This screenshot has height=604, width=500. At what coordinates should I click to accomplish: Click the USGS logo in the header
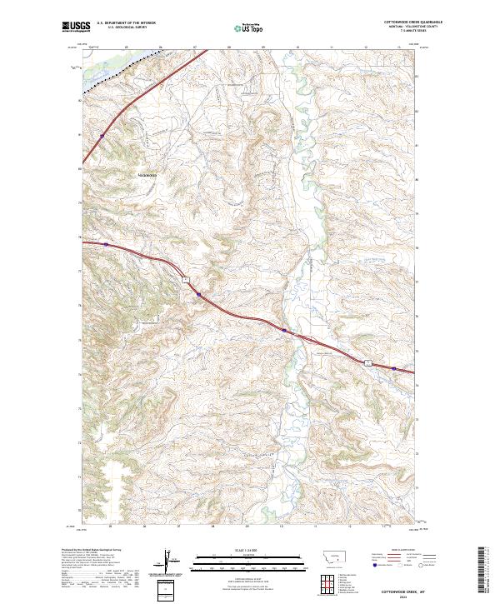coord(76,27)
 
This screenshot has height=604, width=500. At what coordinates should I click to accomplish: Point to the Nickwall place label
coord(147,174)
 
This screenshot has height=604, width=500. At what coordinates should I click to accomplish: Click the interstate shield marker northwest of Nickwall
coord(102,134)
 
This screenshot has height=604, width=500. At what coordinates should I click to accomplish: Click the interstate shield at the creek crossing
coord(284,331)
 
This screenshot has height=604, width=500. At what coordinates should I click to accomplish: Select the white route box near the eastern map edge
coord(366,360)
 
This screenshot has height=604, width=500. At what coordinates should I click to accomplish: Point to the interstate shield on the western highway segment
coord(107,244)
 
